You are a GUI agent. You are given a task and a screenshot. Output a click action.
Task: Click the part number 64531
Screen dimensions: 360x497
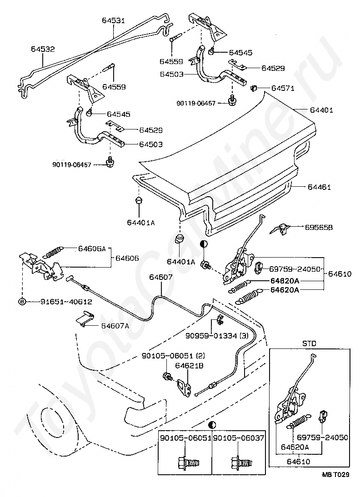[113, 20]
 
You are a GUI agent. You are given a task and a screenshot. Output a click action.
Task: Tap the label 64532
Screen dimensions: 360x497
[43, 49]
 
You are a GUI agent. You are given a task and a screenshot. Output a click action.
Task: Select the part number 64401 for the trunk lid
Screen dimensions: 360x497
[321, 110]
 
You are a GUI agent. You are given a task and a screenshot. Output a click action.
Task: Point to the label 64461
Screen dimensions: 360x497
[319, 187]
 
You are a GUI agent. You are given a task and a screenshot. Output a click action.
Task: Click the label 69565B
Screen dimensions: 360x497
[319, 228]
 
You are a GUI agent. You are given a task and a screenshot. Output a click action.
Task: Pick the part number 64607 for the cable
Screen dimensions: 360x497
[161, 277]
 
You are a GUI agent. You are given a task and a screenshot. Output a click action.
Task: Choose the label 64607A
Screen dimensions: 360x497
[115, 326]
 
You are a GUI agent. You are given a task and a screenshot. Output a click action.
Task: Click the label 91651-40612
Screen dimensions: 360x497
[66, 302]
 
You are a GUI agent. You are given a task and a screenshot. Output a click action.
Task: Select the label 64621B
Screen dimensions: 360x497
[190, 365]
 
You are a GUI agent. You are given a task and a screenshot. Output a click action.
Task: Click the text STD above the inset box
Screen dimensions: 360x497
[309, 343]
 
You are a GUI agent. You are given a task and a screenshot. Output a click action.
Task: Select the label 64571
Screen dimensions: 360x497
[283, 89]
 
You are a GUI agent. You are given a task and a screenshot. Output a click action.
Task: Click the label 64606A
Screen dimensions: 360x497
[92, 248]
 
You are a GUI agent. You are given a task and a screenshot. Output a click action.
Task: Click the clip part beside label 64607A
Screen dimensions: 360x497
[86, 319]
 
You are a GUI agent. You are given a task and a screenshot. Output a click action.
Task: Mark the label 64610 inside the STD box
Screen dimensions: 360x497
[299, 462]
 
